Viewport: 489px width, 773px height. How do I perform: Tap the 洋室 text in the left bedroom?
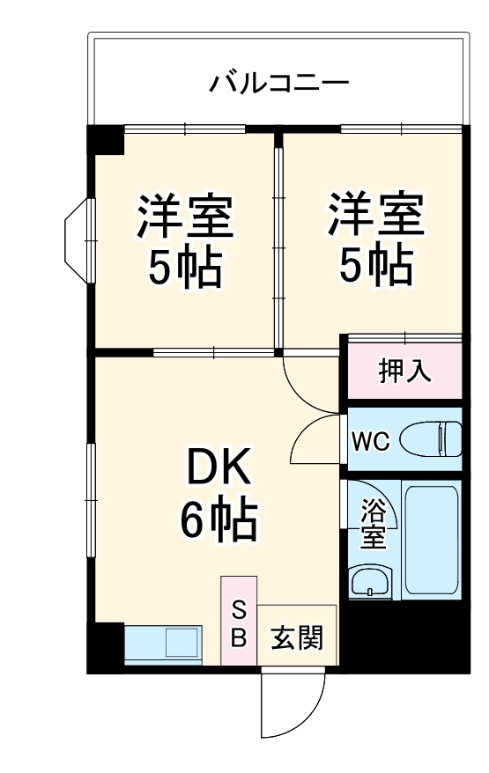[184, 216]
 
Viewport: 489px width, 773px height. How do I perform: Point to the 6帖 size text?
[219, 521]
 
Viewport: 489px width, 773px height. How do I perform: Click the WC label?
[371, 441]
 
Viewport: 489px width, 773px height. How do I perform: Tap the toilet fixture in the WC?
[431, 438]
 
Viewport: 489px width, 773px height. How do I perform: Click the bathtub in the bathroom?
[431, 537]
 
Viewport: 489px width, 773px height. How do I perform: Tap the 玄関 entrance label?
[296, 637]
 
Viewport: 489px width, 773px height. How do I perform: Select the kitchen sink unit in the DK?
[164, 644]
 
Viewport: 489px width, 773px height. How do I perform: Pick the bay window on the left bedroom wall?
[78, 238]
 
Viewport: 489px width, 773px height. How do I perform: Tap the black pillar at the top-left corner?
[106, 141]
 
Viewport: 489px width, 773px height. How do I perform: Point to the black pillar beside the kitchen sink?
[106, 647]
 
